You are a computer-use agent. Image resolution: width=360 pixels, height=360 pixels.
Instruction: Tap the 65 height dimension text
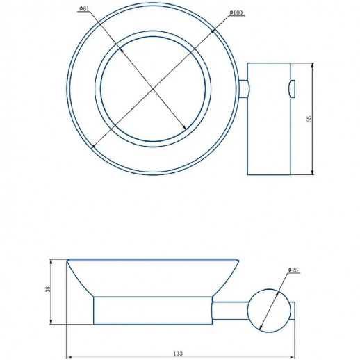[309, 119]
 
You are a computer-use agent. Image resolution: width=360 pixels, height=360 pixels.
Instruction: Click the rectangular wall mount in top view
[269, 119]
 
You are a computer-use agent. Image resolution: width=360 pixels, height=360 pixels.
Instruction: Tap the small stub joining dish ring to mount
[244, 89]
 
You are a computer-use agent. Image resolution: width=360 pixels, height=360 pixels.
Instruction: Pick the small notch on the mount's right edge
[292, 89]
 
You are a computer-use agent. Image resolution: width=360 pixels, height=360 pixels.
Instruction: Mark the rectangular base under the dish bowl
[152, 310]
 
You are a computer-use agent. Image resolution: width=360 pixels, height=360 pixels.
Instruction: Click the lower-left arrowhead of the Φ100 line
[92, 145]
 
